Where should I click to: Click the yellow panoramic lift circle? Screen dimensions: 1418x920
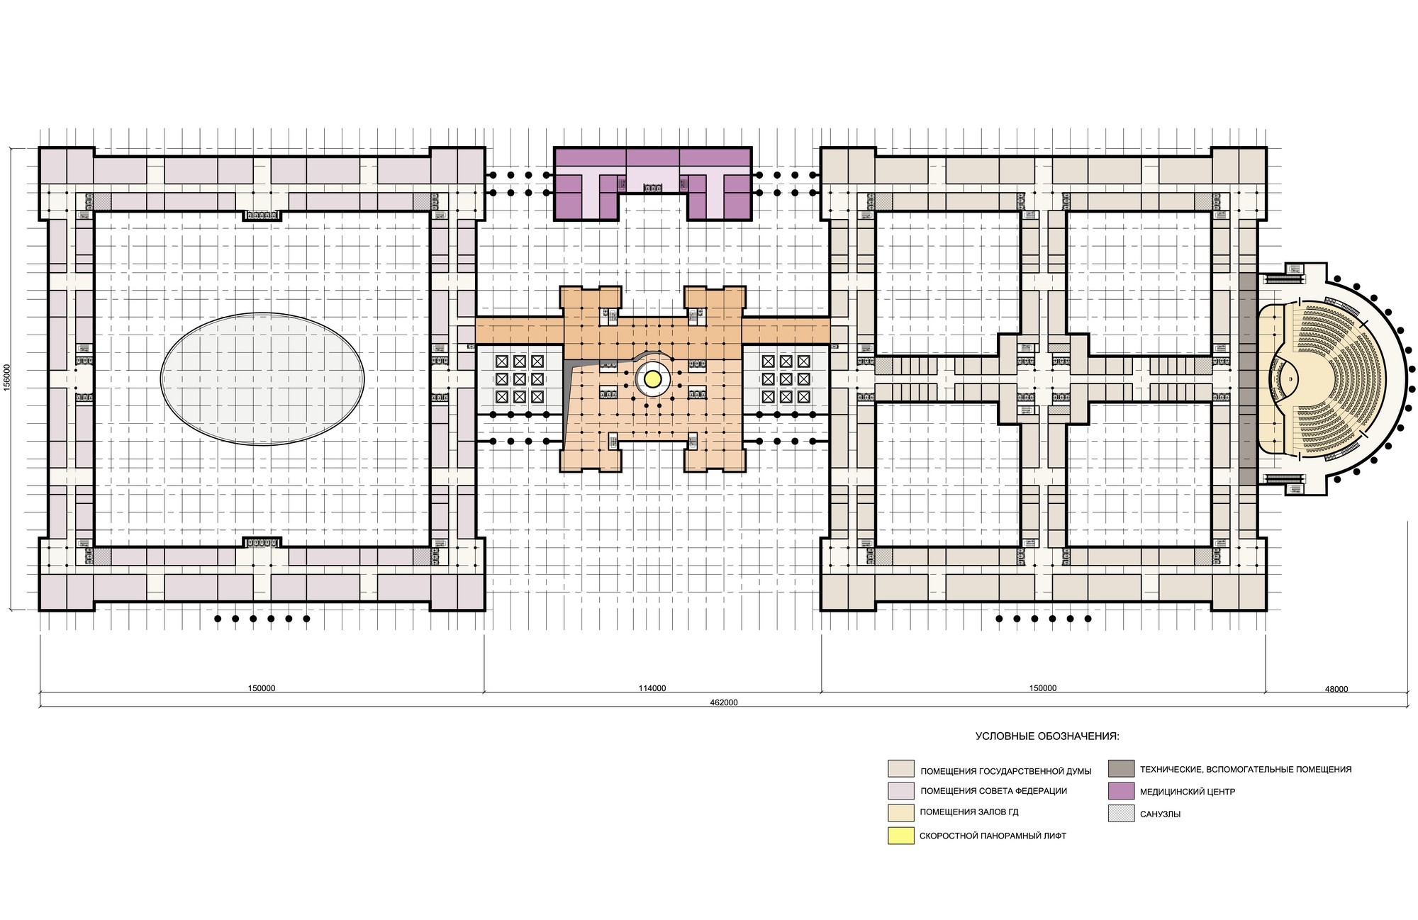coord(652,380)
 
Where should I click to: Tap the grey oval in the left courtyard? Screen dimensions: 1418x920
coord(262,379)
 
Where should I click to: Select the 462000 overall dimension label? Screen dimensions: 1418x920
coord(724,702)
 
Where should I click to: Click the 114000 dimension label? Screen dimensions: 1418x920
coord(652,688)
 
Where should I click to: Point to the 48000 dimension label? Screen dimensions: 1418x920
coord(1336,688)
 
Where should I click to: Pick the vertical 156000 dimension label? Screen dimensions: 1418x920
coord(6,378)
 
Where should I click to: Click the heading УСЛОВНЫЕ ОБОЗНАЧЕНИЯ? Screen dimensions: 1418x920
coord(1047,736)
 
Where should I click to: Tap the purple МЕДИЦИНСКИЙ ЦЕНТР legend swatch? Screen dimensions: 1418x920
coord(1121,791)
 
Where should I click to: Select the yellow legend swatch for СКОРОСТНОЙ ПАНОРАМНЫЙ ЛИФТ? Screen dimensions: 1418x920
coord(900,836)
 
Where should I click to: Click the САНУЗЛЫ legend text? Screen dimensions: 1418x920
coord(1160,814)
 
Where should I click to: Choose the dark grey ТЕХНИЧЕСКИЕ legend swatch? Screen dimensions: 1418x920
coord(1121,768)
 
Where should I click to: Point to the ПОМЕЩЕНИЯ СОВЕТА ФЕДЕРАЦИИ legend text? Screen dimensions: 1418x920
coord(993,791)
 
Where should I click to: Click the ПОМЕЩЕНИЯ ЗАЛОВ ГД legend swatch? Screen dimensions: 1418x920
coord(900,813)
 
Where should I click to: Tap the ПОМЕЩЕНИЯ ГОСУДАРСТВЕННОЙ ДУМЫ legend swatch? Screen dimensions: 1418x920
coord(900,769)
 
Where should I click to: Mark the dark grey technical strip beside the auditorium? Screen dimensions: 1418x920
coord(1248,378)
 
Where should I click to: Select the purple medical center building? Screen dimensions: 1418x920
coord(652,183)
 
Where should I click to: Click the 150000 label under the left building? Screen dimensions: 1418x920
coord(262,688)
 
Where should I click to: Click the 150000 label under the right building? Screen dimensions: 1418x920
coord(1042,688)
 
